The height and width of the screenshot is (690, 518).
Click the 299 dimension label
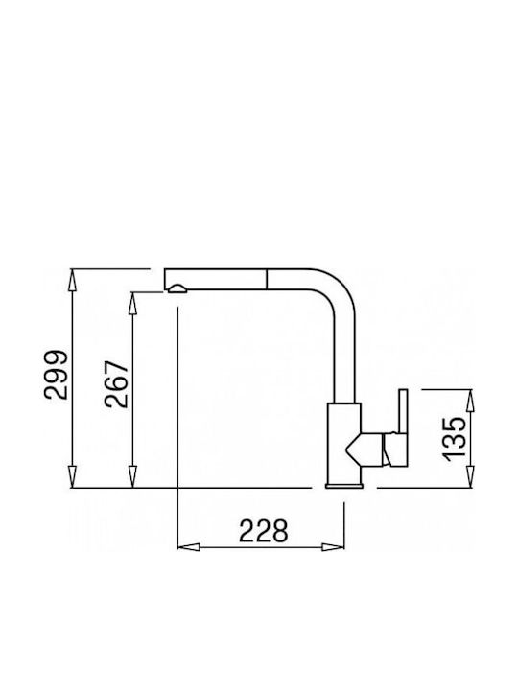point(56,375)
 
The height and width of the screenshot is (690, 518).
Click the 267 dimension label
point(116,384)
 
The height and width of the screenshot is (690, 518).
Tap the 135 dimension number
point(453,439)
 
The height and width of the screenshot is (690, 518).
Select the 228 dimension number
point(264,531)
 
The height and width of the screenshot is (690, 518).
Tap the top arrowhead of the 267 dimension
point(132,303)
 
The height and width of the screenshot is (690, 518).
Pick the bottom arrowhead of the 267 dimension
point(132,476)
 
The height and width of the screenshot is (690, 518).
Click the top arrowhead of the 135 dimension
point(470,401)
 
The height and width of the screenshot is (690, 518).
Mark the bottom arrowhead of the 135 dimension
point(470,476)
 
